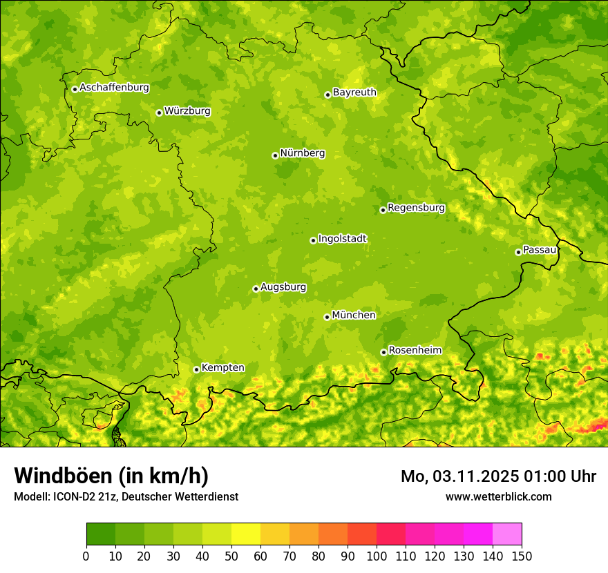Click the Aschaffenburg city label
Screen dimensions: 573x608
coord(114,88)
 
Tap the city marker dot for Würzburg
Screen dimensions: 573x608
coord(159,113)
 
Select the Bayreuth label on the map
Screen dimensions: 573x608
coord(354,93)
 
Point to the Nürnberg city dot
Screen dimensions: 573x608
coord(275,155)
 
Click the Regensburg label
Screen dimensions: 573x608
coord(416,208)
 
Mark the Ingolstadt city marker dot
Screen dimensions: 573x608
coord(313,240)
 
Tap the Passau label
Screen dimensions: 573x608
coord(540,250)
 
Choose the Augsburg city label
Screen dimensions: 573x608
coord(283,287)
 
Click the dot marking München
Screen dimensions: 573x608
coord(327,317)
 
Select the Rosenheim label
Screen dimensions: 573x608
coord(415,351)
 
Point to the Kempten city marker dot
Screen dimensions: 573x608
coord(196,369)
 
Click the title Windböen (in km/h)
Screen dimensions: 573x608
coord(111,476)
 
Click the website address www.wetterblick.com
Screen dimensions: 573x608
coord(498,496)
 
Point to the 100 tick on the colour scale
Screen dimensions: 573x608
coord(377,556)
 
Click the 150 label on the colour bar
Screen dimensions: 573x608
coord(522,556)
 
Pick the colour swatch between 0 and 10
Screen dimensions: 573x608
coord(101,534)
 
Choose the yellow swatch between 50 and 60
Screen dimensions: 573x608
coord(246,534)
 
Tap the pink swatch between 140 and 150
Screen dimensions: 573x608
coord(507,534)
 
